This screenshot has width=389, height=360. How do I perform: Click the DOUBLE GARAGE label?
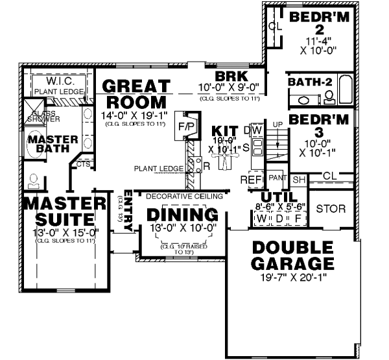[294, 256]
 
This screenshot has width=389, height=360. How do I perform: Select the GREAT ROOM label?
[136, 95]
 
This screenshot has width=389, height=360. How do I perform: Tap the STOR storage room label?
[331, 209]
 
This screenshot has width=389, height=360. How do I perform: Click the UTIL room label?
[279, 197]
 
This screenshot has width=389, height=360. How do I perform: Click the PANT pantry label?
[277, 177]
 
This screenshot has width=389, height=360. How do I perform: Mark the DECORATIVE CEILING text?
[184, 196]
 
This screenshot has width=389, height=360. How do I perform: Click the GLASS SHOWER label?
[43, 116]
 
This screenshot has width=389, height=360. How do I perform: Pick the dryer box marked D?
[279, 219]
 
